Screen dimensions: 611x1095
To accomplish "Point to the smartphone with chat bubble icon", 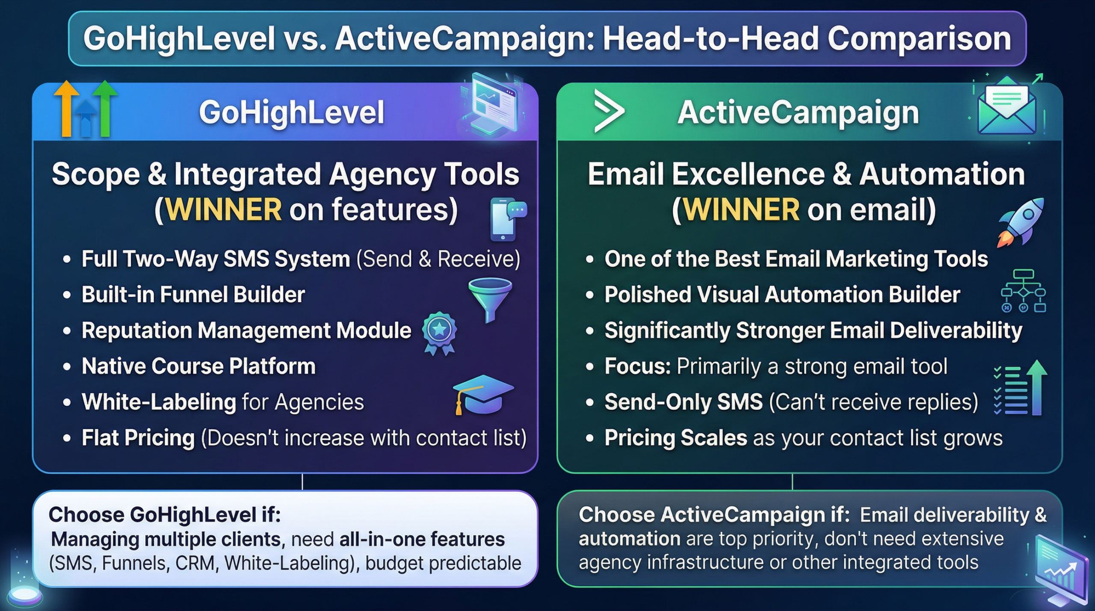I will click(x=507, y=219).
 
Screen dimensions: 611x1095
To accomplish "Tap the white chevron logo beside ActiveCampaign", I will click(x=609, y=111).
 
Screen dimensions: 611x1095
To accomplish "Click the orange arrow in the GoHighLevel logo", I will click(x=66, y=107).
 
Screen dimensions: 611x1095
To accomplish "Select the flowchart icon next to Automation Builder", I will click(x=1023, y=291).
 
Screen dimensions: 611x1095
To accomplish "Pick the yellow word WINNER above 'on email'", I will click(x=741, y=210).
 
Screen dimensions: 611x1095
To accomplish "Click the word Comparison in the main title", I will click(x=919, y=38).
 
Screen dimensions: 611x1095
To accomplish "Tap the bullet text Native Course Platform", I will click(x=198, y=366).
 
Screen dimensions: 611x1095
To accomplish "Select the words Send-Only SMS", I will click(x=683, y=402).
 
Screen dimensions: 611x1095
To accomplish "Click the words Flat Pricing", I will click(x=138, y=438).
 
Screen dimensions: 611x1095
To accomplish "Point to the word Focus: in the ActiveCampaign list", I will click(x=637, y=366).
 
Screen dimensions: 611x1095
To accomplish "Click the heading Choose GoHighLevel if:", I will click(x=165, y=514).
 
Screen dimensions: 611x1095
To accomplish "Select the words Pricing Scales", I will click(x=675, y=438).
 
